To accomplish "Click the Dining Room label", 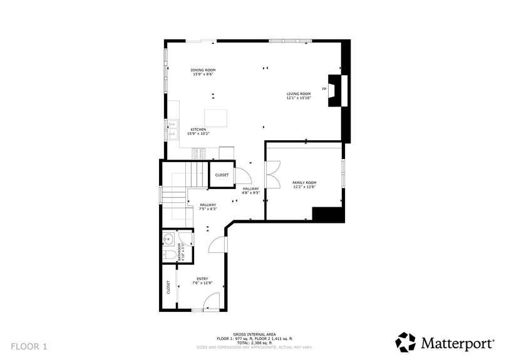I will point(203,71).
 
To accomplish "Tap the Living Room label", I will point(299,96).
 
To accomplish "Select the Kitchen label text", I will point(198,131).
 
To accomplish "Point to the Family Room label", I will point(304,184).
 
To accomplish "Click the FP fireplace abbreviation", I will point(324,90).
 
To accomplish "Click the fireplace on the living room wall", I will point(337,90).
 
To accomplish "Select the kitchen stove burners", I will point(199,152).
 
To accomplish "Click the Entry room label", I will point(202,281).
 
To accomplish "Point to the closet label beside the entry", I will point(168,287).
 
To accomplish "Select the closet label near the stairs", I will point(222,175).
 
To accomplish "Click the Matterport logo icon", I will point(406,342).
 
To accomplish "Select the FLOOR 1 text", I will point(29,346).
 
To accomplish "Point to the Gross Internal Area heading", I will point(254,334).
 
